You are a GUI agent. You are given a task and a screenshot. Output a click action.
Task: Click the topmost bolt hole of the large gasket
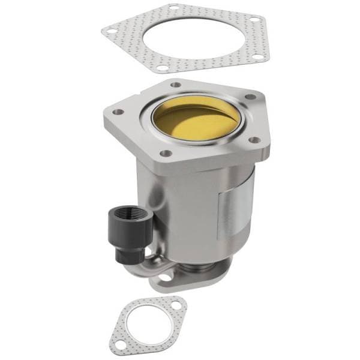[x=173, y=8]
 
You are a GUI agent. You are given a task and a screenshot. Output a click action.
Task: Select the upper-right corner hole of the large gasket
[x=254, y=19]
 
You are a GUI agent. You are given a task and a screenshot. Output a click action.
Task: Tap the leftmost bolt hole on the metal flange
[x=118, y=112]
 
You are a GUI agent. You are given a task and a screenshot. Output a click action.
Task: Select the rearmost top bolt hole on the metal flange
[x=176, y=85]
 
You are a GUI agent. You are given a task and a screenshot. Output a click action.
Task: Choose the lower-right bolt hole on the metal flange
[x=254, y=140]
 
